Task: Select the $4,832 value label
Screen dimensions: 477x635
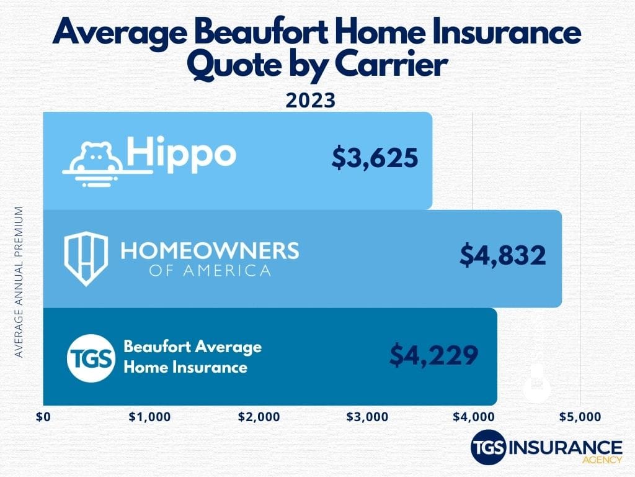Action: point(503,255)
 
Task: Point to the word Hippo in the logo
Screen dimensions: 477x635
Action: point(181,152)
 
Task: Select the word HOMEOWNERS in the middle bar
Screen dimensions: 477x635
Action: point(210,251)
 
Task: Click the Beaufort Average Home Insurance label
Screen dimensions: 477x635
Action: point(192,357)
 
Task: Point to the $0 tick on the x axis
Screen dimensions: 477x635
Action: point(43,417)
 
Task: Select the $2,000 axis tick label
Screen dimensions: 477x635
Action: point(259,417)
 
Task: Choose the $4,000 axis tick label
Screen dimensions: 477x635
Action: point(473,417)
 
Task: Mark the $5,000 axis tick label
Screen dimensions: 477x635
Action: point(580,417)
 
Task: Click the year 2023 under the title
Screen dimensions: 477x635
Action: point(310,100)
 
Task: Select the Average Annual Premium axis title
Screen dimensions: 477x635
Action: point(19,282)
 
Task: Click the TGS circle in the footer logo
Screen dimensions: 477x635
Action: point(488,448)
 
